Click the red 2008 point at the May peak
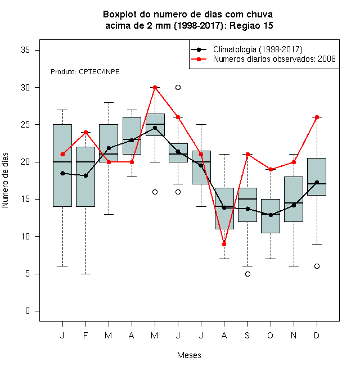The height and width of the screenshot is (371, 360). point(155,88)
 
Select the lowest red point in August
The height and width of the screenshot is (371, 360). point(224,244)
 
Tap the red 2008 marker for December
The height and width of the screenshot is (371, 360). point(317,117)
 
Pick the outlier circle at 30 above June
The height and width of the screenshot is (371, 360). point(178,88)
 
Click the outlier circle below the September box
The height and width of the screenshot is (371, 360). point(247,274)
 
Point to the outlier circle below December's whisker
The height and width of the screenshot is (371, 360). point(317,266)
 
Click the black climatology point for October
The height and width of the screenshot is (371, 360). point(271,215)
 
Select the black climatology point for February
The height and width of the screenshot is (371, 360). point(85,175)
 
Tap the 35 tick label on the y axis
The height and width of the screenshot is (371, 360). point(25,50)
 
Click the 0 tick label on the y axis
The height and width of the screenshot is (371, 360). point(28,311)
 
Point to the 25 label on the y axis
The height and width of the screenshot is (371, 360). point(25,124)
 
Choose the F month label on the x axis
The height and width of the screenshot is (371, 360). point(85,335)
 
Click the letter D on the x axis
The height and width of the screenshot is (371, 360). point(317,335)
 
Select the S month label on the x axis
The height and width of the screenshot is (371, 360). point(247,335)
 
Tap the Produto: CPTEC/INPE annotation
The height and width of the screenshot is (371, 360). point(85,72)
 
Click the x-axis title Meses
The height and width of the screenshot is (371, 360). point(189,355)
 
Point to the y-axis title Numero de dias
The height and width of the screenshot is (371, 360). point(5,180)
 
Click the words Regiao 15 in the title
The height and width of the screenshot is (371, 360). point(251,25)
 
